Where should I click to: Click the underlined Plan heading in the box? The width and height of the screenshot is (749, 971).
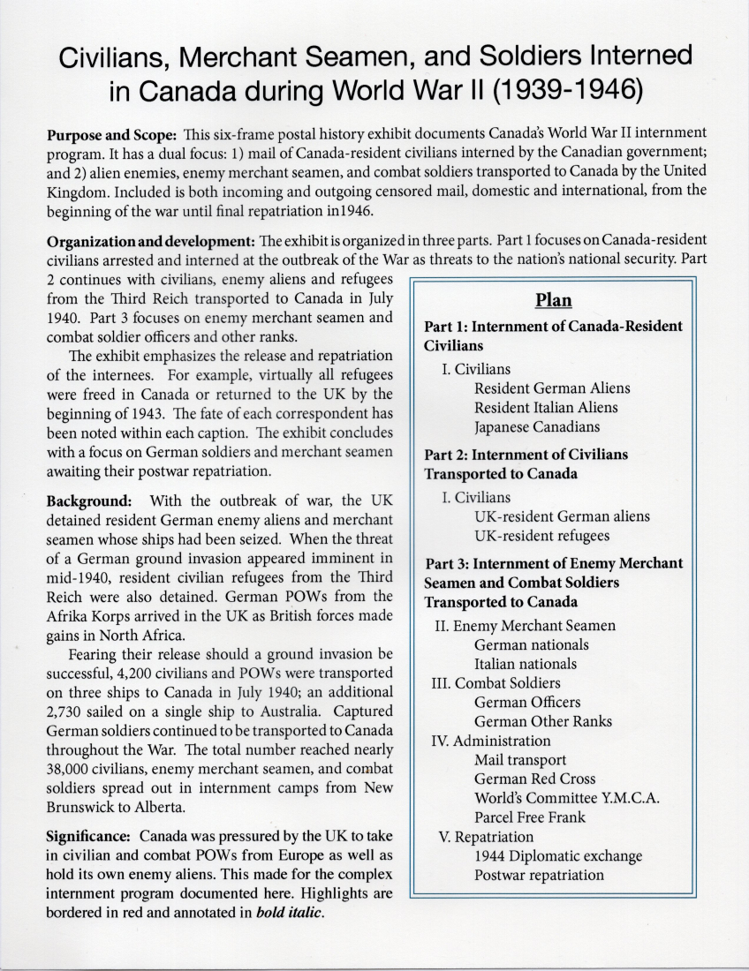(x=553, y=299)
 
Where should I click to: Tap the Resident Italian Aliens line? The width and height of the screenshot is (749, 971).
(x=546, y=408)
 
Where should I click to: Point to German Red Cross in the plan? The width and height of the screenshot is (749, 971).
(x=534, y=779)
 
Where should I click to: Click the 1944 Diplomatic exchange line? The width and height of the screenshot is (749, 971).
(x=558, y=856)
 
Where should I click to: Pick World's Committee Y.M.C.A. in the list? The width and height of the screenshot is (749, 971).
(x=568, y=798)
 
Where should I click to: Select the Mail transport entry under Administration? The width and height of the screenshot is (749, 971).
(x=520, y=759)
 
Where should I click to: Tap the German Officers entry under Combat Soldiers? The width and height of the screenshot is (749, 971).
(x=527, y=702)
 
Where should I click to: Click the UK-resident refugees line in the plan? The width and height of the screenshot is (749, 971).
(x=541, y=536)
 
